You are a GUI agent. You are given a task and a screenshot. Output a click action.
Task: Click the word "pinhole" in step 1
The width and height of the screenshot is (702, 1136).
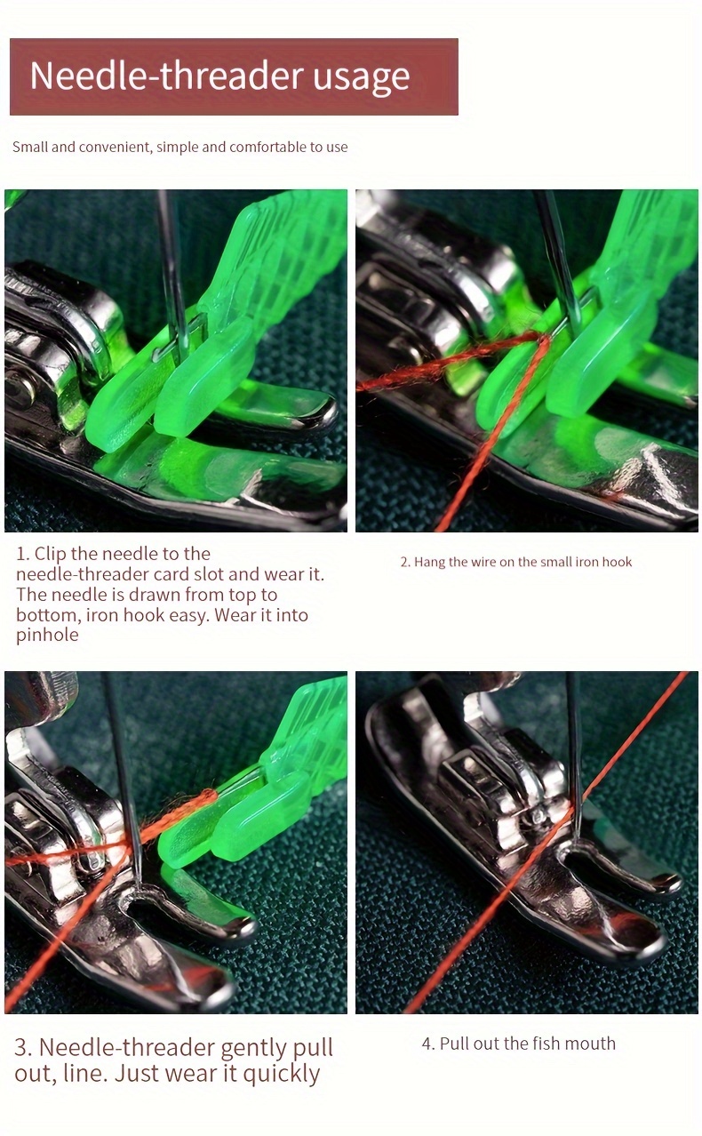click(47, 636)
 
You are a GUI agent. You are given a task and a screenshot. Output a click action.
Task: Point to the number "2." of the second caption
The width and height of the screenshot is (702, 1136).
click(405, 562)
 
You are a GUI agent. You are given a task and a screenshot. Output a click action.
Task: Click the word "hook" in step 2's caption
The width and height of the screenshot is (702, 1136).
click(617, 562)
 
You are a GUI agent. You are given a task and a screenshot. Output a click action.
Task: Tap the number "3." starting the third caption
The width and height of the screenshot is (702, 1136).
click(23, 1048)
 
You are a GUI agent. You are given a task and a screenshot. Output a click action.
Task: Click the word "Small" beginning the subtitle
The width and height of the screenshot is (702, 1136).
click(30, 147)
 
